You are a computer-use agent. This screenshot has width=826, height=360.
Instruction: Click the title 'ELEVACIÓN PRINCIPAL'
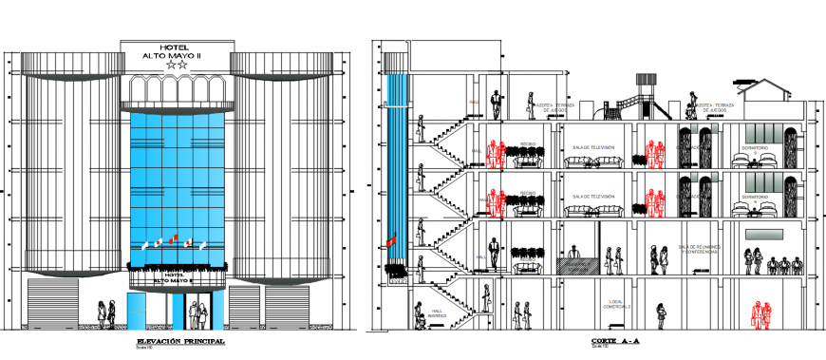[x=179, y=341]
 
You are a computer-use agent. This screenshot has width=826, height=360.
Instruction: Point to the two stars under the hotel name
[x=178, y=66]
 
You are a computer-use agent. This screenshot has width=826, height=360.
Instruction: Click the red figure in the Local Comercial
[x=758, y=315]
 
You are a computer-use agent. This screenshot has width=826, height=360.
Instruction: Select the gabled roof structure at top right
[x=766, y=90]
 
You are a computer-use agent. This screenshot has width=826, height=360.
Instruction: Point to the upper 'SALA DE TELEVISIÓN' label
[x=593, y=147]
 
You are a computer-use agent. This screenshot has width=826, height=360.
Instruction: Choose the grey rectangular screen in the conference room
[x=764, y=235]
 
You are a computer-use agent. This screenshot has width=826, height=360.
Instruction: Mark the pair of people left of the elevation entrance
[x=107, y=311]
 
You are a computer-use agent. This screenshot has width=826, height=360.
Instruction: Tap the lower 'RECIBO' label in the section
[x=529, y=195]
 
